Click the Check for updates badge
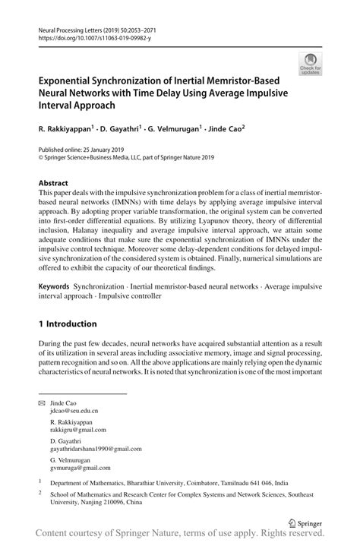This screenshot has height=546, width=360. coord(310,64)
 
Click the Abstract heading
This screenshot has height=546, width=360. coord(53,183)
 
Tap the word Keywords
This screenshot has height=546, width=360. coord(55,288)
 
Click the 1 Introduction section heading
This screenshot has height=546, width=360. coord(68,323)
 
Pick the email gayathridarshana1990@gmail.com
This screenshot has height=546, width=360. coord(97,449)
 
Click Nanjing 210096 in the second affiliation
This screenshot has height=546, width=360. coord(110,501)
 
